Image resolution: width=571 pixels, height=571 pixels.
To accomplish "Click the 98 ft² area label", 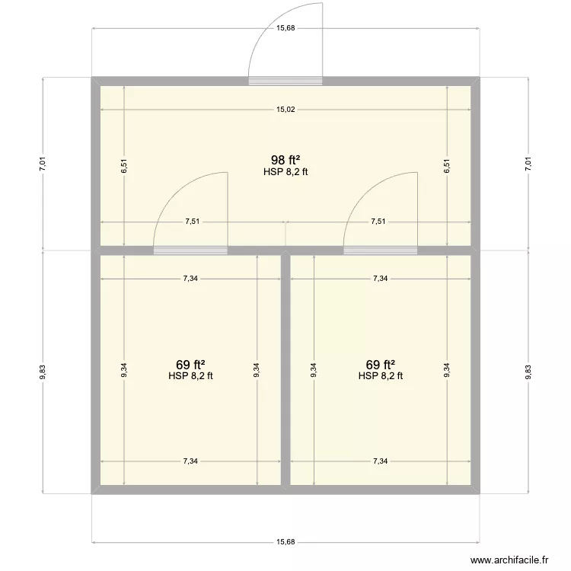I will (285, 160).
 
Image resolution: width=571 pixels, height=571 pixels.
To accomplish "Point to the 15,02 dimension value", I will (285, 110).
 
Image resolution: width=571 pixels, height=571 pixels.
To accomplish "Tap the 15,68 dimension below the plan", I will (285, 542).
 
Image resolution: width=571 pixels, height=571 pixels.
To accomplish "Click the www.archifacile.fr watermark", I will (509, 558).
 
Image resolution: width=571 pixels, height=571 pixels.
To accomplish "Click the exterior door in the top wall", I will (285, 79).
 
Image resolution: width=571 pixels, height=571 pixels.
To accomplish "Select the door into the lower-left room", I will (190, 250).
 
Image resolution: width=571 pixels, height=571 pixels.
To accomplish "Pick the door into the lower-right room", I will (380, 250).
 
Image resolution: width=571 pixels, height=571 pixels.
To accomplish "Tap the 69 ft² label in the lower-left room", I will (190, 364).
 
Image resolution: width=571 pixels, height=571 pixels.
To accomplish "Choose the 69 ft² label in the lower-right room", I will (380, 364).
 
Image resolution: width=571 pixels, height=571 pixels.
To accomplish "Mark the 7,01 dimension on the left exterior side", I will (43, 163).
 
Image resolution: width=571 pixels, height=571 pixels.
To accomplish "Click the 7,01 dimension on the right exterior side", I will (527, 163).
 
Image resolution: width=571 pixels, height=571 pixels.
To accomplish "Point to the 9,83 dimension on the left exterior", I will (43, 372).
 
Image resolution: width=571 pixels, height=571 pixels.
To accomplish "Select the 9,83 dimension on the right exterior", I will (527, 372).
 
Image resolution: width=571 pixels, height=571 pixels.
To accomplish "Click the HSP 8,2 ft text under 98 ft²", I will (285, 172).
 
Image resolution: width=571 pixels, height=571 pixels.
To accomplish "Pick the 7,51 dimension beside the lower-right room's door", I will (378, 222).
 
